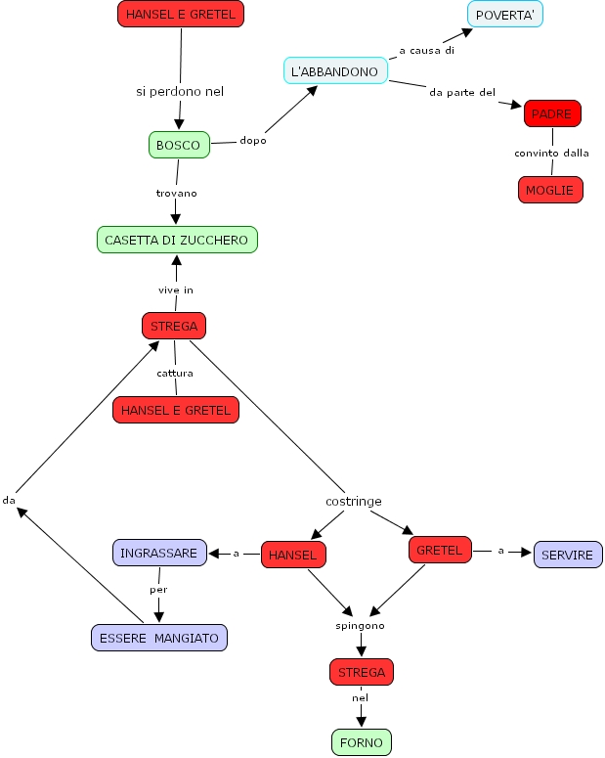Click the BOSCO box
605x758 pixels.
[178, 145]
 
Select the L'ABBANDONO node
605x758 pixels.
[334, 71]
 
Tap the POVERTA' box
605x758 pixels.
[504, 14]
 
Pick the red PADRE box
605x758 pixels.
[551, 113]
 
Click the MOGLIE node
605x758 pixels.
[549, 190]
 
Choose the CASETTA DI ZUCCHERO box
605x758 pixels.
[177, 240]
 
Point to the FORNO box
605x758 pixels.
[362, 742]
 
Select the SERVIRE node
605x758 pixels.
[567, 555]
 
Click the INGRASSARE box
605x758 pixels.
[158, 553]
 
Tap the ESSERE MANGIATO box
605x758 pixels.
[158, 638]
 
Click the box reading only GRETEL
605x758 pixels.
[439, 550]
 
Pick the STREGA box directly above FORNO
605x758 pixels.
[362, 672]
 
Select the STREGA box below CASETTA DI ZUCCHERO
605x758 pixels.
[174, 326]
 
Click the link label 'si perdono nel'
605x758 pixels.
[180, 91]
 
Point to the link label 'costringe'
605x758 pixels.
[353, 501]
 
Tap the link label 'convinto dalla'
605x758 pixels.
[551, 153]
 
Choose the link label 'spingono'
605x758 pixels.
[360, 624]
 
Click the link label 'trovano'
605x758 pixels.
[176, 193]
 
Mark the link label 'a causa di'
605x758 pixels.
[426, 50]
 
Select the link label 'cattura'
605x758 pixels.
[175, 373]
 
